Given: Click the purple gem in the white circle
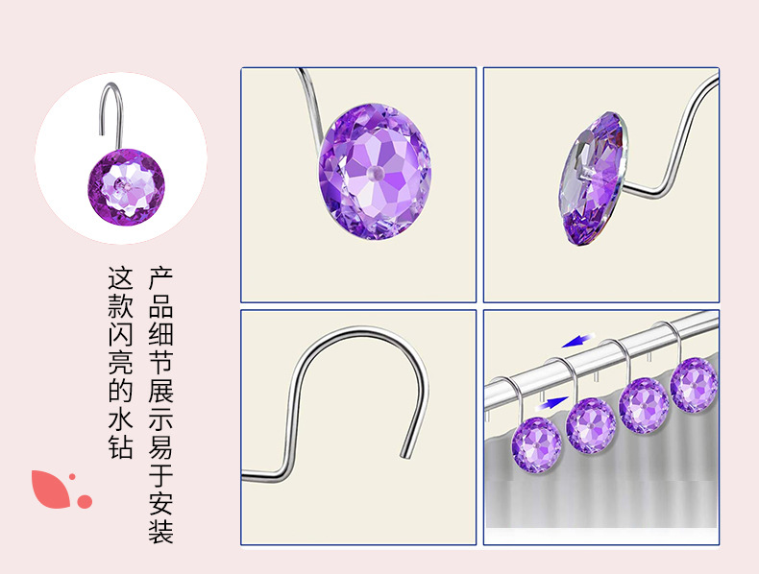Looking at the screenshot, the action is click(126, 187).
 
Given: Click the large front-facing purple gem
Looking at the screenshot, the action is click(375, 171).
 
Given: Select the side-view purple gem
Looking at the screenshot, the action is click(593, 178).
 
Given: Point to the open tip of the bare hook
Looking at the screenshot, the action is click(404, 456).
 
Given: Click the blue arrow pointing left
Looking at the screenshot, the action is click(578, 341).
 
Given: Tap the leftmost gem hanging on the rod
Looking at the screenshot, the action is click(536, 444).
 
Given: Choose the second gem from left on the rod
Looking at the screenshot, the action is click(591, 425).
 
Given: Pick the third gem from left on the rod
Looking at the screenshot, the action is click(644, 405).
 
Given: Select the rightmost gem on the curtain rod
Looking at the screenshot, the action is click(694, 385).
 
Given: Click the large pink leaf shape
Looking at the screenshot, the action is click(50, 490).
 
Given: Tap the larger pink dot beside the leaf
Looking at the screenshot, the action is click(85, 501).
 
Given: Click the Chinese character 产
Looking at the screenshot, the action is click(160, 278).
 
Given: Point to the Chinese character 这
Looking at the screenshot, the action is click(120, 278).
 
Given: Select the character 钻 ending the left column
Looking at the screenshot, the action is click(120, 446).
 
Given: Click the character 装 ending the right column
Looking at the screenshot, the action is click(160, 531).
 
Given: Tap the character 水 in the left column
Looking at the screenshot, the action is click(120, 419).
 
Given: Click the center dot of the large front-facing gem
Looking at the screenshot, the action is click(374, 173).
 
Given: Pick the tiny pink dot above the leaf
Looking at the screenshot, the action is click(72, 477).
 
